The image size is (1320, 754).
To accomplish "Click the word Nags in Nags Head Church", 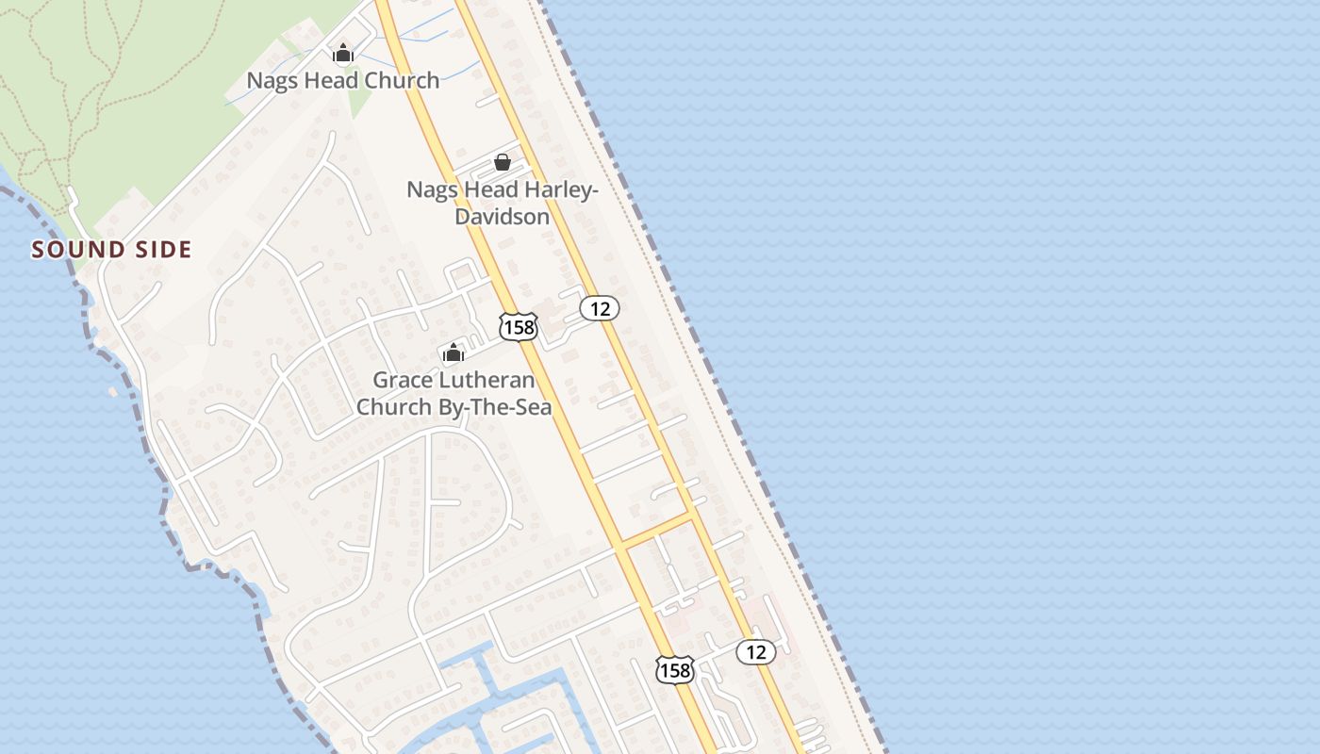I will tap(270, 81).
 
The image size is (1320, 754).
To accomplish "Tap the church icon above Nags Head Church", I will tap(343, 54).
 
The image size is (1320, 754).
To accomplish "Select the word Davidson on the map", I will tap(502, 217).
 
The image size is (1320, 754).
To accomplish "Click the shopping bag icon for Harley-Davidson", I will tap(503, 162).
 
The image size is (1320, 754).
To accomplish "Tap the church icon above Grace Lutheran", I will tap(454, 353).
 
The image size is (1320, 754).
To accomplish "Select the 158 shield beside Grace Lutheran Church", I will tap(518, 327).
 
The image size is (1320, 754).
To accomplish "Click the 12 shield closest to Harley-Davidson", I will tap(599, 307).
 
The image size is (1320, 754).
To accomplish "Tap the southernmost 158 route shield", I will tap(675, 670).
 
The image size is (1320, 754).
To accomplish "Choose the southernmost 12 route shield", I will tap(755, 651).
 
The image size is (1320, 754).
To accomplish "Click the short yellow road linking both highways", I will tap(657, 530).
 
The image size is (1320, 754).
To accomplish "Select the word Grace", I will tap(402, 381).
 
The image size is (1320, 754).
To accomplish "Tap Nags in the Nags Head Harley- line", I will tap(430, 189).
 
